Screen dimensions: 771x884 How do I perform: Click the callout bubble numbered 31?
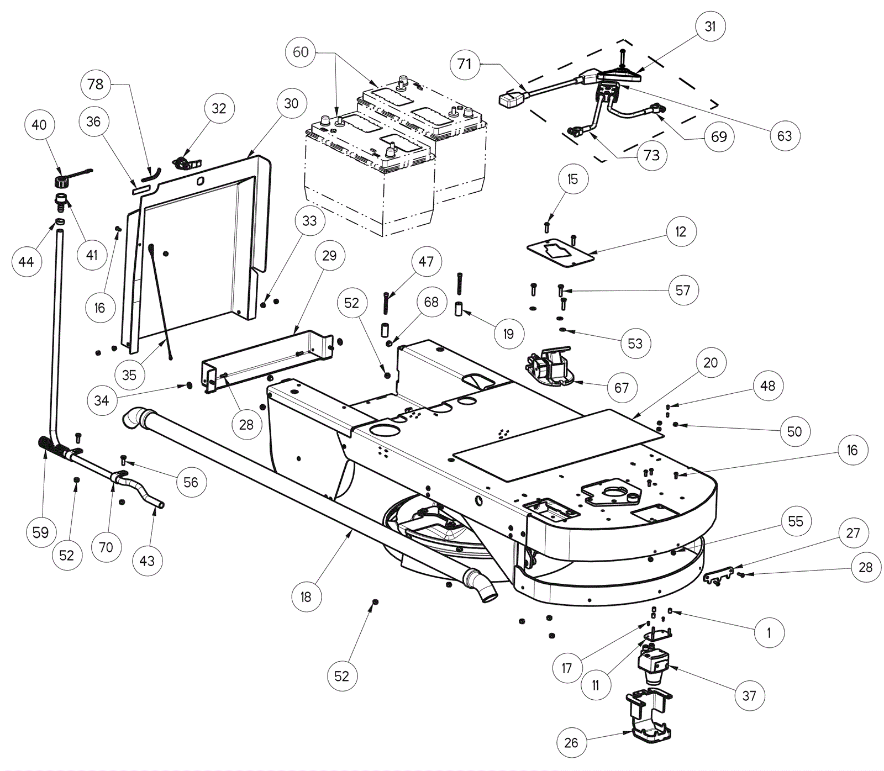[710, 27]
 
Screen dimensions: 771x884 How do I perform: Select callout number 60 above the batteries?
[301, 52]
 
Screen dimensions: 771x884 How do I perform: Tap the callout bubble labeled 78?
[96, 85]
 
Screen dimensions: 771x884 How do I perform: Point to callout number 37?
[749, 696]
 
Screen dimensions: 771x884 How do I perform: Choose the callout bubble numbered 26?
[571, 743]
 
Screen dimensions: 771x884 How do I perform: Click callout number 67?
[622, 388]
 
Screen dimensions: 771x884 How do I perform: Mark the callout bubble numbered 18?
[306, 597]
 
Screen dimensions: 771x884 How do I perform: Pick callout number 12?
[681, 232]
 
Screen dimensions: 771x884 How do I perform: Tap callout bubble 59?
[41, 532]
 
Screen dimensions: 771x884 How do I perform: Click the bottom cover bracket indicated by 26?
[650, 715]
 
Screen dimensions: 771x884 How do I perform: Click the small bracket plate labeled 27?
[718, 576]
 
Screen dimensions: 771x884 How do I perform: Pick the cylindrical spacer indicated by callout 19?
[459, 309]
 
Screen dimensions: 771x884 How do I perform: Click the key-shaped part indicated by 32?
[185, 163]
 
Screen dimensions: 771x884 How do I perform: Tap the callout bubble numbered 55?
[796, 521]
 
